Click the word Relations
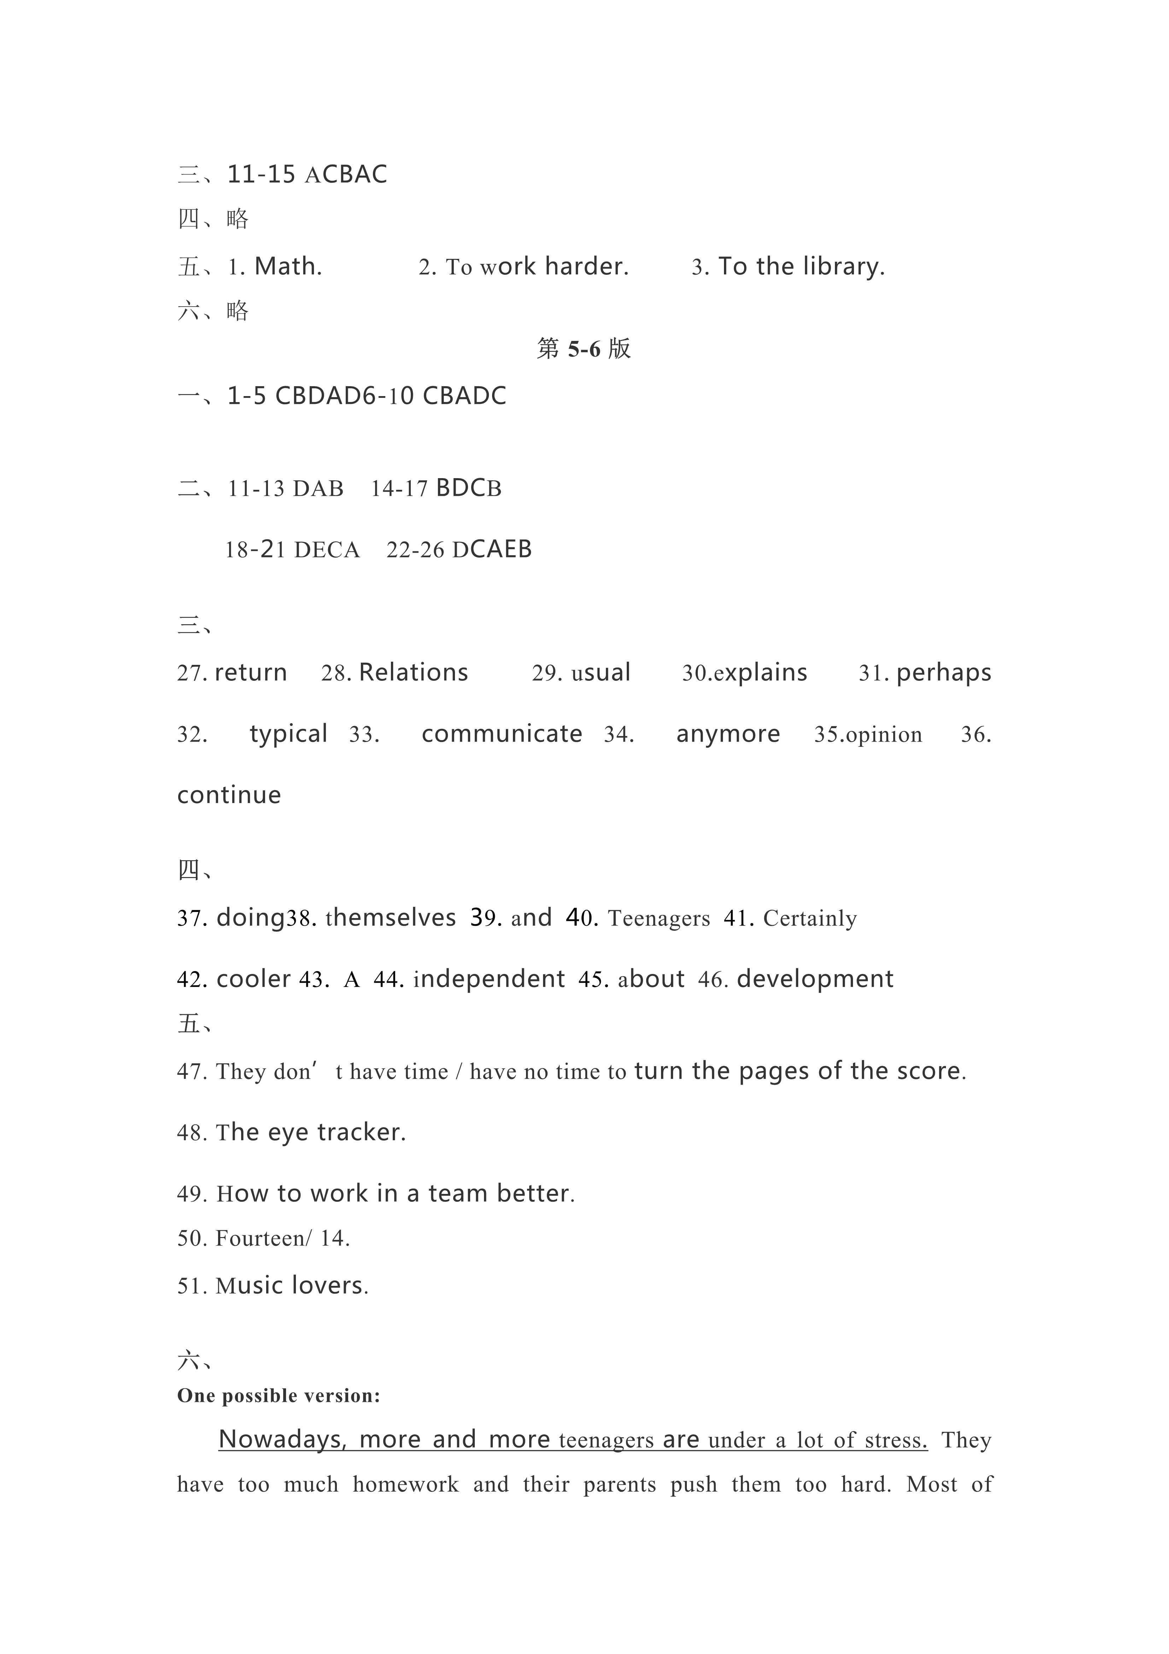[414, 673]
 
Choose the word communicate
[502, 734]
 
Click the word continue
[229, 795]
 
